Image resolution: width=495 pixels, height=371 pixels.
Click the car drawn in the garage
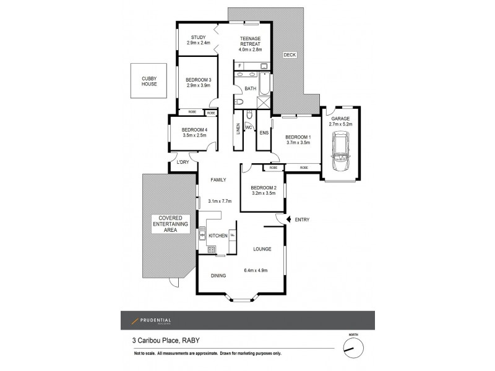coord(340,152)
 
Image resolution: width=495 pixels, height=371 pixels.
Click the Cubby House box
coord(149,80)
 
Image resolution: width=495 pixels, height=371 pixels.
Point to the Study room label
coord(198,37)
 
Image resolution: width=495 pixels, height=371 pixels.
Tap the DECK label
coord(290,55)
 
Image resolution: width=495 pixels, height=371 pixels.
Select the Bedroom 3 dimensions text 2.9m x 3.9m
coord(198,85)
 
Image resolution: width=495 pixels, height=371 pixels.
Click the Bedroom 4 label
coord(194,129)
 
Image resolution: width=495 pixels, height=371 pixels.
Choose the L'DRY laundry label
coord(183,162)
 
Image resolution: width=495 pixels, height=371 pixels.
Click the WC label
coord(249,127)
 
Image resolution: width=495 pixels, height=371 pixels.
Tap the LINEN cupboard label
coord(238,129)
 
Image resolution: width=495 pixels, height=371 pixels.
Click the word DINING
coord(218,276)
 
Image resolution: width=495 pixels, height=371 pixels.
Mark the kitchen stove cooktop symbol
coord(212,250)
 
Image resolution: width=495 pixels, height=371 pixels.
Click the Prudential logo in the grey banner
coord(151,320)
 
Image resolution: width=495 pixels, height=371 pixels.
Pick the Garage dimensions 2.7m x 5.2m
coord(340,124)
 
